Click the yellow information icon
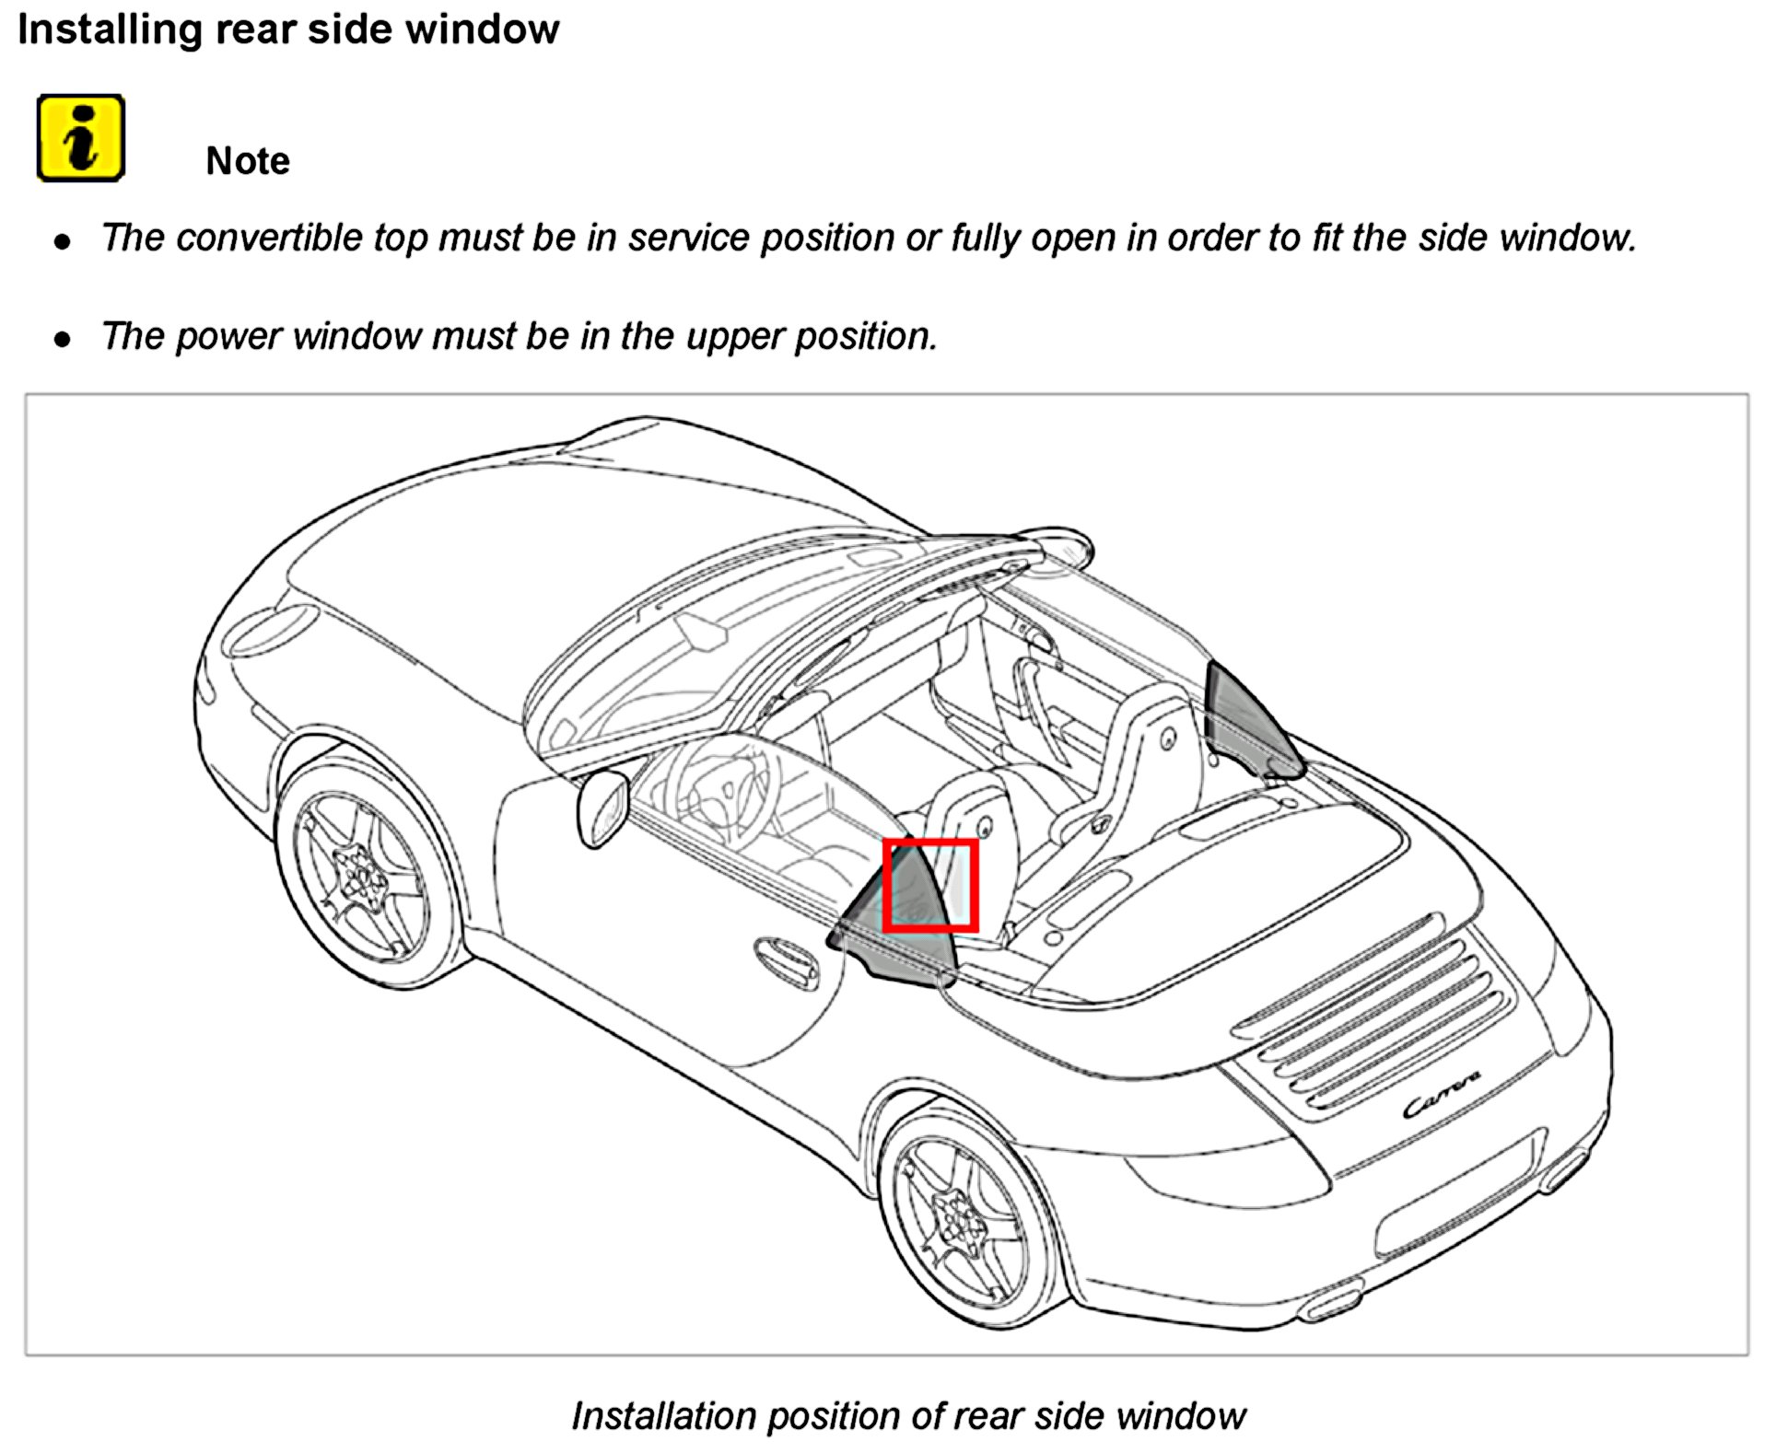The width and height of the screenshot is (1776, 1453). (80, 138)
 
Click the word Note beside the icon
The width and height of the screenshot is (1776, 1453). (247, 161)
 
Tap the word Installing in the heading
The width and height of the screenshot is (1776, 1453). (109, 29)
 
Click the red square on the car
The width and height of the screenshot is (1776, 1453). (929, 885)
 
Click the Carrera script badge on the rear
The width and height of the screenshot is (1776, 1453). (1442, 1095)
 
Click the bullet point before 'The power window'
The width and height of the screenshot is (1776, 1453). (63, 340)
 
